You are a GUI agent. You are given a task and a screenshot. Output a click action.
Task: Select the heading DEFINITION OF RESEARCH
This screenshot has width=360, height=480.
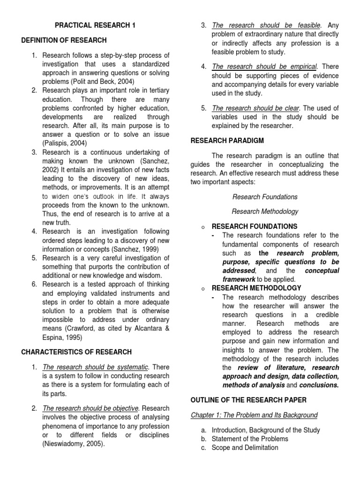(x=64, y=40)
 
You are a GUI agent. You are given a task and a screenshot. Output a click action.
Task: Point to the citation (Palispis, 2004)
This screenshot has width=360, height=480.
(x=65, y=143)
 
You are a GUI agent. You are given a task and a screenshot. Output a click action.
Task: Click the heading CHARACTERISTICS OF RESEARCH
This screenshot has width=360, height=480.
(x=76, y=352)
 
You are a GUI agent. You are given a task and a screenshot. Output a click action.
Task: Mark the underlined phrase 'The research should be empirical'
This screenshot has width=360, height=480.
(x=264, y=67)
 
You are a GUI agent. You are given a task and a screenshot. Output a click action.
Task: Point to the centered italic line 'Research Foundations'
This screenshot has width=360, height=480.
(x=265, y=197)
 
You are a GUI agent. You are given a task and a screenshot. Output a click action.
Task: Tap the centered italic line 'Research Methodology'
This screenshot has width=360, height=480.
(x=265, y=211)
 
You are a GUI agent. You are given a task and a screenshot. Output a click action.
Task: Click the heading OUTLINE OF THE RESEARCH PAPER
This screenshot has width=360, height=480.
(x=248, y=399)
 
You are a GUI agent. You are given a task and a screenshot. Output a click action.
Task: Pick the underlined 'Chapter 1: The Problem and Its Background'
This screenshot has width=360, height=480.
(x=254, y=415)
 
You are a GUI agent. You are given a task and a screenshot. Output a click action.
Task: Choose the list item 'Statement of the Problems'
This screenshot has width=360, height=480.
(x=250, y=439)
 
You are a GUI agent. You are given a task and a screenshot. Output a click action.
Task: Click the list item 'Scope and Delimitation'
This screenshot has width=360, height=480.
(x=245, y=448)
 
